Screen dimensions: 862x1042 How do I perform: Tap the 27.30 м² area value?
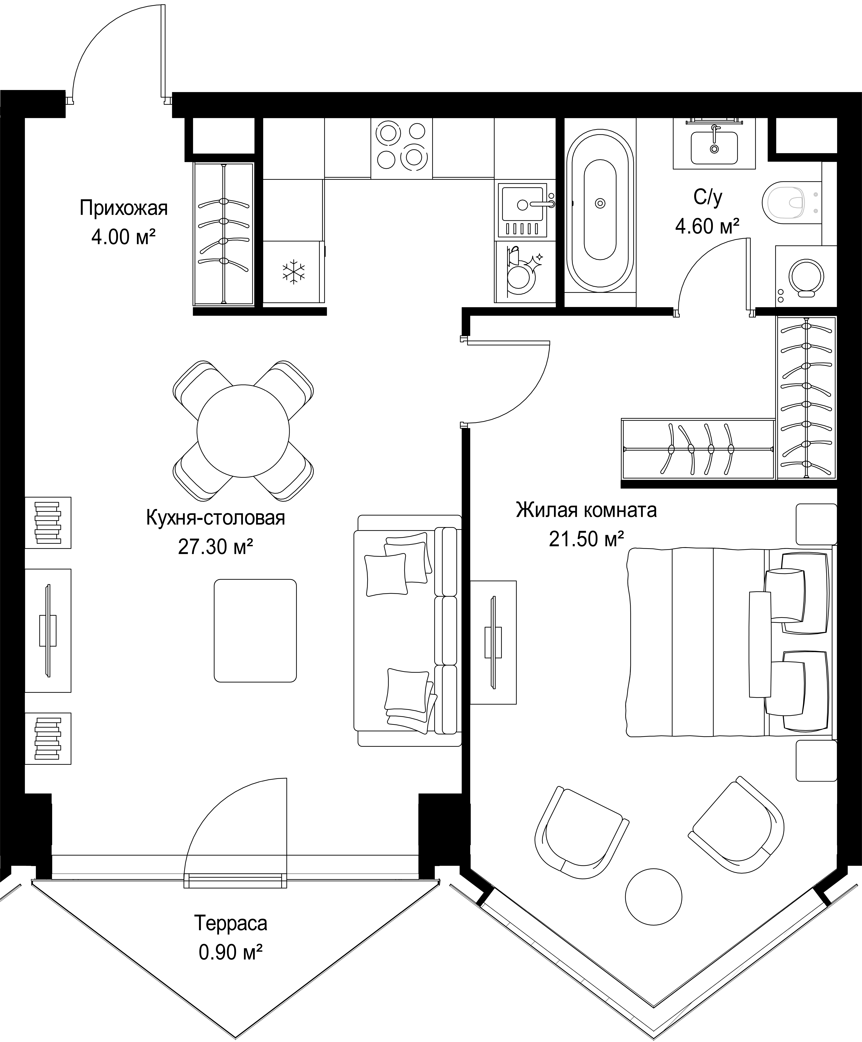[x=216, y=547]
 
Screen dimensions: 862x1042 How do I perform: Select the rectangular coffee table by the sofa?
[x=255, y=631]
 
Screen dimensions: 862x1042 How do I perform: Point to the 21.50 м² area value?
[x=586, y=538]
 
